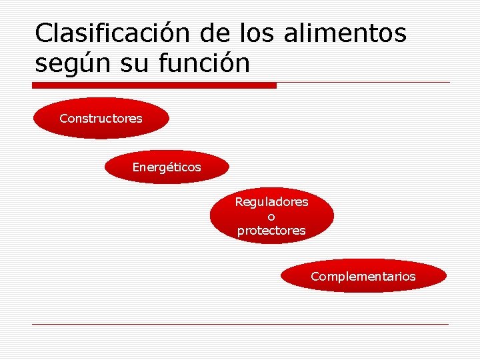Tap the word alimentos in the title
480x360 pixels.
coord(345,33)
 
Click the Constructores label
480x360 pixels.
coord(101,119)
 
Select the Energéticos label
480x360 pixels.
coord(166,167)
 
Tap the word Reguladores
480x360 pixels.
coord(271,201)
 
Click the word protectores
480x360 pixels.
coord(271,231)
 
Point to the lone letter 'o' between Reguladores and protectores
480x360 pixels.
coord(271,217)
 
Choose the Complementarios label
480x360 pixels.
coord(363,276)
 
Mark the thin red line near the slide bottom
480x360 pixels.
coord(240,325)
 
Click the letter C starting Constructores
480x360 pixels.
coord(63,119)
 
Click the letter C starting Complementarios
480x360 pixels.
coord(315,276)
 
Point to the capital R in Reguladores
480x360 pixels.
coord(239,201)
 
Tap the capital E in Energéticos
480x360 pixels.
coord(136,167)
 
